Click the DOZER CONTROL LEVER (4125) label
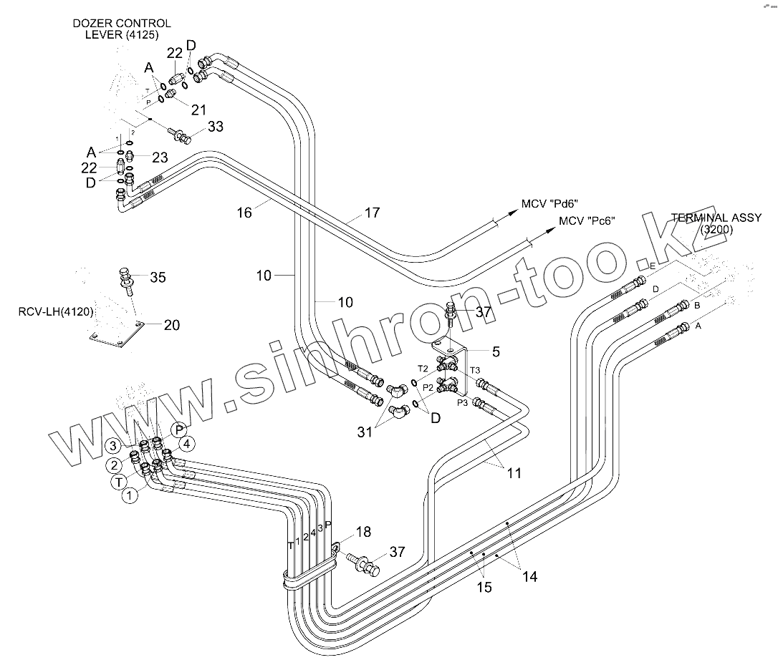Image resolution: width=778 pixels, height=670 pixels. coord(122,29)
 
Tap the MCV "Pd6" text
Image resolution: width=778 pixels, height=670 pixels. coord(549,204)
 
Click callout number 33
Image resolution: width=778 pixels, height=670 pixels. coord(216,127)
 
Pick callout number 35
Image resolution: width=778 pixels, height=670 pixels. coord(158,277)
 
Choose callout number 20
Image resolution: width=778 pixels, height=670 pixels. coord(171,325)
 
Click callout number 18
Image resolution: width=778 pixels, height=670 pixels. coord(363,532)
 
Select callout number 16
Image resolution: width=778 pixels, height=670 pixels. coord(245,213)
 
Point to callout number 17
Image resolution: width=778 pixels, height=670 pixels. coord(371,213)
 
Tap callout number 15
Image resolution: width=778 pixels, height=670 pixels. coord(484,587)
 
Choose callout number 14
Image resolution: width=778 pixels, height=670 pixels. coord(529,576)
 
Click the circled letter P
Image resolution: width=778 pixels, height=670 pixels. coord(179,429)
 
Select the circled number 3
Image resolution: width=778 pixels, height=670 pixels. coord(113,445)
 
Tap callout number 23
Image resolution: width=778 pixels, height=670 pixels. coord(159,157)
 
